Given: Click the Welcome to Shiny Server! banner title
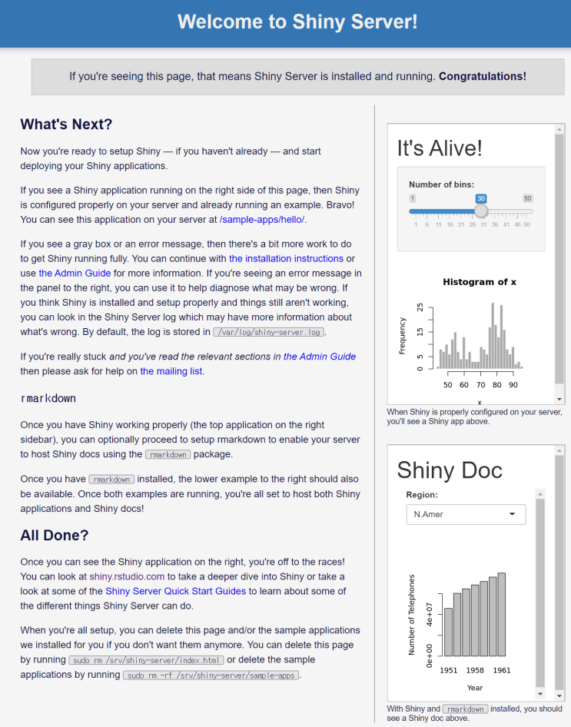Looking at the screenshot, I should click(297, 22).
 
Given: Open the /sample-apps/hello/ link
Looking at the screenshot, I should click(262, 219).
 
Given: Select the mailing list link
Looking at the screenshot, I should click(172, 371).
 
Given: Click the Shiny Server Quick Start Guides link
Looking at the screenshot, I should click(175, 591).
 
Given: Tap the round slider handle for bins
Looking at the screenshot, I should click(481, 211).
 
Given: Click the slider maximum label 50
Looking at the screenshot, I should click(527, 198).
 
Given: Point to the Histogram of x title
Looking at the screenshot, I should click(480, 282).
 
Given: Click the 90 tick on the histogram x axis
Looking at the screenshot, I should click(513, 385).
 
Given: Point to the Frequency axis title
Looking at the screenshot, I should click(402, 336).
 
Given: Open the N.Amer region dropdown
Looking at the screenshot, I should click(466, 514).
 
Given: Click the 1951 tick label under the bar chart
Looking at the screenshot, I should click(448, 671).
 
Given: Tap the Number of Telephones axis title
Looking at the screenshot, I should click(412, 614).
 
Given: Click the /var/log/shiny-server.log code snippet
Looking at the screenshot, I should click(268, 333).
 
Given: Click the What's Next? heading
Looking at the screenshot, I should click(66, 124).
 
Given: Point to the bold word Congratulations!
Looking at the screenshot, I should click(483, 76).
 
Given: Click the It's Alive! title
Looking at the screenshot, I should click(440, 148).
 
